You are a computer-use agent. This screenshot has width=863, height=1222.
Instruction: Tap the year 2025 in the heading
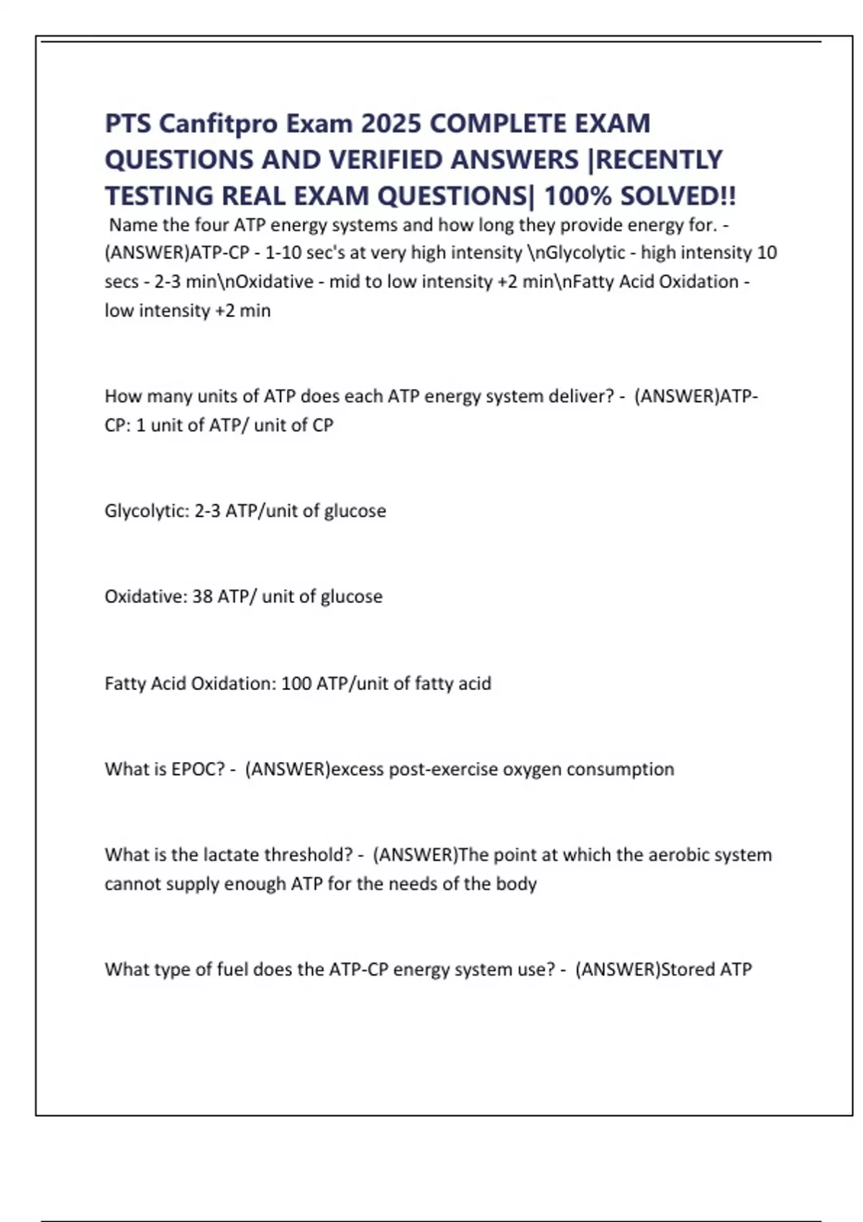coord(391,124)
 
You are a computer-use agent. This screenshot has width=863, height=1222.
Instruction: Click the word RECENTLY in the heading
coord(659,160)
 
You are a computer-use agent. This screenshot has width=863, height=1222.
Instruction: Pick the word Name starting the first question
coord(133,225)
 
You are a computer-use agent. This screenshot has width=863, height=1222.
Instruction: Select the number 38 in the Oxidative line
coord(202,597)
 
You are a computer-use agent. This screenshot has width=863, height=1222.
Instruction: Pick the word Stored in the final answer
coord(688,970)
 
